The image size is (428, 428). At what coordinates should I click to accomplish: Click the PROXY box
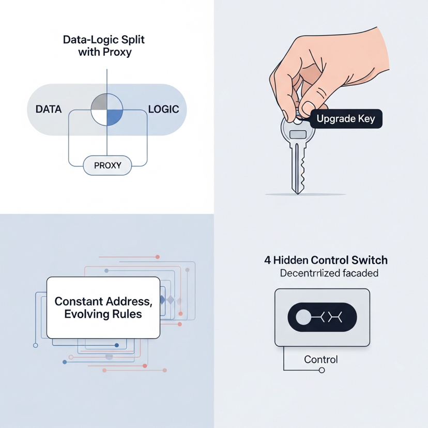pos(108,165)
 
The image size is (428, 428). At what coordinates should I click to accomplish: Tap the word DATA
pos(48,110)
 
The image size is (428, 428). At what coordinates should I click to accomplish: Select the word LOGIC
pos(163,110)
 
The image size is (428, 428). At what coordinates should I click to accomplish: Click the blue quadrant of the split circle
pos(114,117)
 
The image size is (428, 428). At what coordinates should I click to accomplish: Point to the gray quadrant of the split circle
pos(99,102)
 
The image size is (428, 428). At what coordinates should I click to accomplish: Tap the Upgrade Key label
pos(342,119)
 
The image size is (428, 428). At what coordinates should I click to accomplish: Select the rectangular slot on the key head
pos(298,134)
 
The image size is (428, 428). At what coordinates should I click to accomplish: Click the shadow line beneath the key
pos(305,194)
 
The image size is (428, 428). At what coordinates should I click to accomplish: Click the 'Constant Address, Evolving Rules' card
pos(103,307)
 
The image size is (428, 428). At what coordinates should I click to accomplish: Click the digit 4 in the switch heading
pos(267,260)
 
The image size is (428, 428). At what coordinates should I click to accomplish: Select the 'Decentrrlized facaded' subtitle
pos(329,273)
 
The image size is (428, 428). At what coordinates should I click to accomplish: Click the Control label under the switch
pos(320,359)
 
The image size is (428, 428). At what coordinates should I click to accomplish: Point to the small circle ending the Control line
pos(322,371)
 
